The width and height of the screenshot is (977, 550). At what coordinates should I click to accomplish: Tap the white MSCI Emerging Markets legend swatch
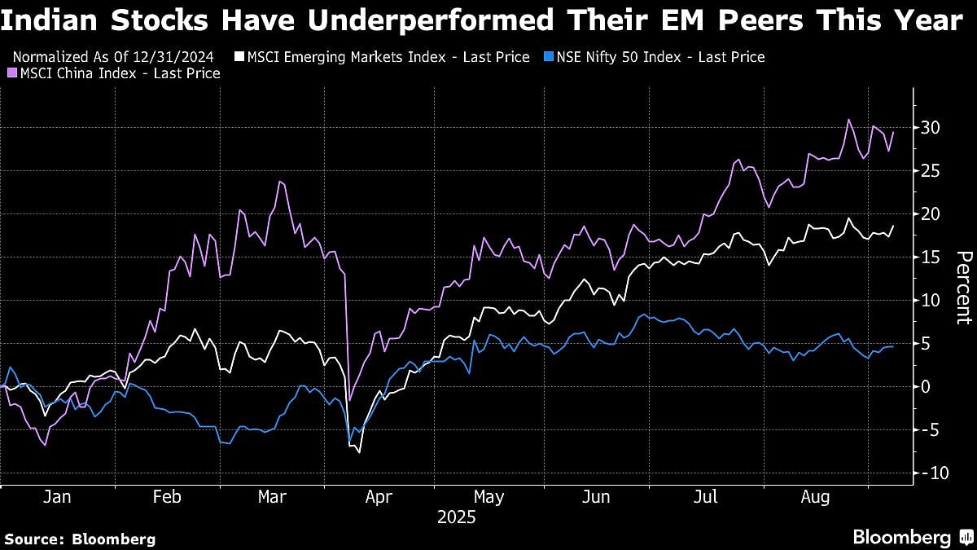click(x=239, y=57)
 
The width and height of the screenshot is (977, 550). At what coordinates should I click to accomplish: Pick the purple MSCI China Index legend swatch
click(x=12, y=73)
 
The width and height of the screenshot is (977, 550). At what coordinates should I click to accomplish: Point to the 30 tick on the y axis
click(x=931, y=128)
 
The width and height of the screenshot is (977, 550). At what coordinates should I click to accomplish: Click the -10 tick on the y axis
click(x=929, y=473)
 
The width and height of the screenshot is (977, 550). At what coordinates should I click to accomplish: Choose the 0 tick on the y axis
click(x=927, y=387)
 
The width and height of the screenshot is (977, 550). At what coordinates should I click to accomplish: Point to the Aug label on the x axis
click(x=816, y=497)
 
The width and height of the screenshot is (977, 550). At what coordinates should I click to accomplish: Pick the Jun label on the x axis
click(x=596, y=497)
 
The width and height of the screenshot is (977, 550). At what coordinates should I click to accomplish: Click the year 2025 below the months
click(x=457, y=517)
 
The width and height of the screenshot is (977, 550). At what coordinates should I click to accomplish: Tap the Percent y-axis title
click(x=963, y=288)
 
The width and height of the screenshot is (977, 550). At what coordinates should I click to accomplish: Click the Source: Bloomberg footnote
click(x=79, y=539)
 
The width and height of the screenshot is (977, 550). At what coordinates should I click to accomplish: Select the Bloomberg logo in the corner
click(x=911, y=537)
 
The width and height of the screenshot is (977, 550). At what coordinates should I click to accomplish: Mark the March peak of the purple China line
click(x=280, y=181)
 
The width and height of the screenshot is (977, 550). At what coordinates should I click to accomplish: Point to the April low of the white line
click(x=359, y=451)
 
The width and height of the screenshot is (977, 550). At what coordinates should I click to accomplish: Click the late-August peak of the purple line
click(x=848, y=120)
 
